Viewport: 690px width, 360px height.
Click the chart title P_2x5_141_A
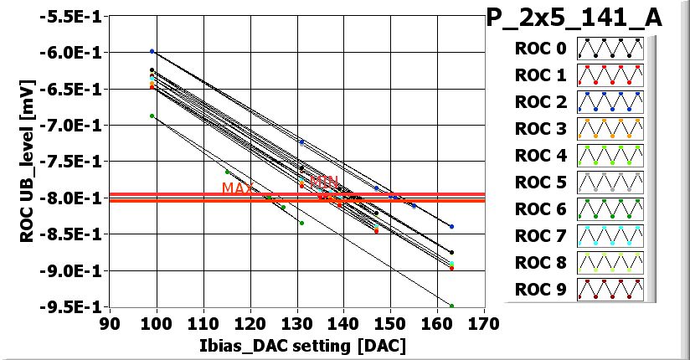point(574,18)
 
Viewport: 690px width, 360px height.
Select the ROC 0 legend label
point(540,49)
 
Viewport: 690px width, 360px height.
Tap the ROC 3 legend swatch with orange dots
point(609,129)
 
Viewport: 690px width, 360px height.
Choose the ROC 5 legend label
point(540,183)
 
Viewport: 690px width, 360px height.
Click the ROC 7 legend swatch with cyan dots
point(609,235)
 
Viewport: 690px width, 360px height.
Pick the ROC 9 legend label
point(540,290)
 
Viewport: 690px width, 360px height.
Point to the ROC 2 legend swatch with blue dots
point(609,102)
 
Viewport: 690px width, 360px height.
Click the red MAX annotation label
point(237,188)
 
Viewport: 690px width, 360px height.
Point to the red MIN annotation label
point(323,182)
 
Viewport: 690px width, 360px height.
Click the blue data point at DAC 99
point(152,52)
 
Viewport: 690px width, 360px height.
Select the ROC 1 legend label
point(540,76)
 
